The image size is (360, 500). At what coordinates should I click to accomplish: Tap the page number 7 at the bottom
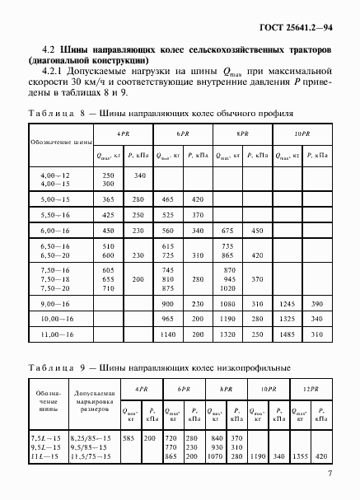point(330,473)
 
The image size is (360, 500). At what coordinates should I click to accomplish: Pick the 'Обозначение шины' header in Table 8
point(60,142)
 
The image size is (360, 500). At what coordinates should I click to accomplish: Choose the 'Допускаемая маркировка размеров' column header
point(93,400)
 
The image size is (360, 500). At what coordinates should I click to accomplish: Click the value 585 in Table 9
point(129,437)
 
